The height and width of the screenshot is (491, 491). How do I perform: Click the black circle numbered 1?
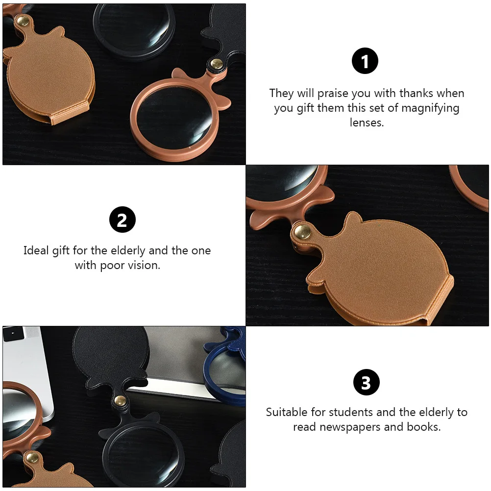(365, 62)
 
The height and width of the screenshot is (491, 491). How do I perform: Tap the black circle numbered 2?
(122, 220)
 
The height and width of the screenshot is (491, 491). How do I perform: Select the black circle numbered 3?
(366, 382)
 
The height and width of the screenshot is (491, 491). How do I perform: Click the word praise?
(333, 93)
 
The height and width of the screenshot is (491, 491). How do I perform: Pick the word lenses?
(367, 123)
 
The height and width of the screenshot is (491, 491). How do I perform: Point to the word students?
(353, 412)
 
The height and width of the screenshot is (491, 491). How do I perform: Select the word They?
(281, 93)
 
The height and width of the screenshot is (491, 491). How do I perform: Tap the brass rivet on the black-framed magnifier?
(119, 400)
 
